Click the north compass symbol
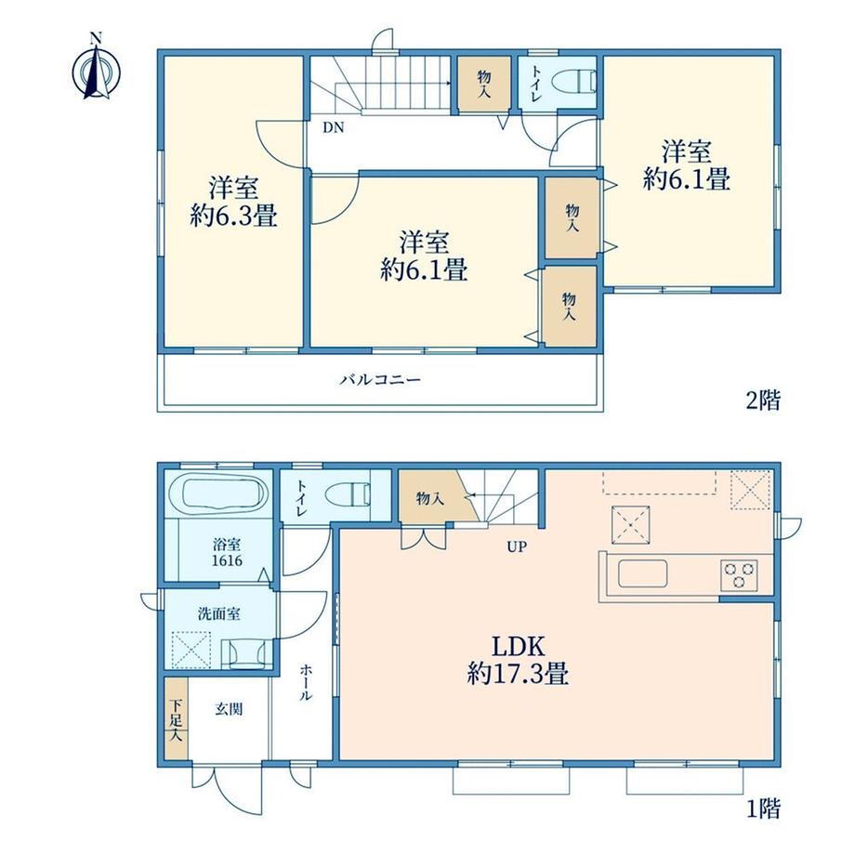coord(97,68)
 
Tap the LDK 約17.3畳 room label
coord(518,660)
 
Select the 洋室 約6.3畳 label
coord(234,202)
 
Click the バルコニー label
coord(381,379)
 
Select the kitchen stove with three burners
coord(740,575)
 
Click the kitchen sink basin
coord(643,574)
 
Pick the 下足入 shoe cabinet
coord(177,718)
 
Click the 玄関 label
coord(229,709)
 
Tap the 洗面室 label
coord(218,614)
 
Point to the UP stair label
coord(517,546)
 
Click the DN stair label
coord(333,127)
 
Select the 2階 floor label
coord(763,401)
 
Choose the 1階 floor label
coord(763,809)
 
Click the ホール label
coord(306,681)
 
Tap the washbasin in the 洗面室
coord(247,653)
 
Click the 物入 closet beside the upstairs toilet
coord(484,85)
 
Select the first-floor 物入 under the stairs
coord(431,497)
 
